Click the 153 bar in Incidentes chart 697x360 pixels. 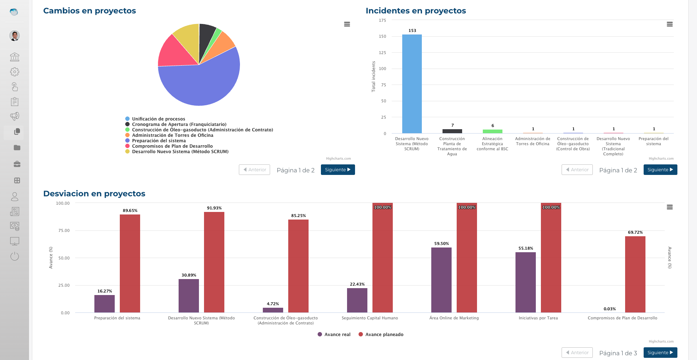[412, 84]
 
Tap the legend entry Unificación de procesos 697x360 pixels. [158, 119]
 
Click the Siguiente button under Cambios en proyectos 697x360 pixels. [338, 170]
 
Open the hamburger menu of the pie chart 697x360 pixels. [347, 24]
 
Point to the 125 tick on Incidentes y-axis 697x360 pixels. [382, 53]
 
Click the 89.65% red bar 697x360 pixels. [130, 263]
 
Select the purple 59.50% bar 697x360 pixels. [441, 280]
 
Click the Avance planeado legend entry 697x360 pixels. [384, 335]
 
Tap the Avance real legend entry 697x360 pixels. [337, 335]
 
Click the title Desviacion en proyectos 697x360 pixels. [94, 194]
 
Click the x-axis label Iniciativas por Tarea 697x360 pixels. [538, 318]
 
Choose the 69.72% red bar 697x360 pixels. [635, 274]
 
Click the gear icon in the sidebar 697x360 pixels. [15, 72]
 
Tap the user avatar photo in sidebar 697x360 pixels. [15, 36]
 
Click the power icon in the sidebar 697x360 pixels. [15, 256]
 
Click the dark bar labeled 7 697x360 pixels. [452, 131]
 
